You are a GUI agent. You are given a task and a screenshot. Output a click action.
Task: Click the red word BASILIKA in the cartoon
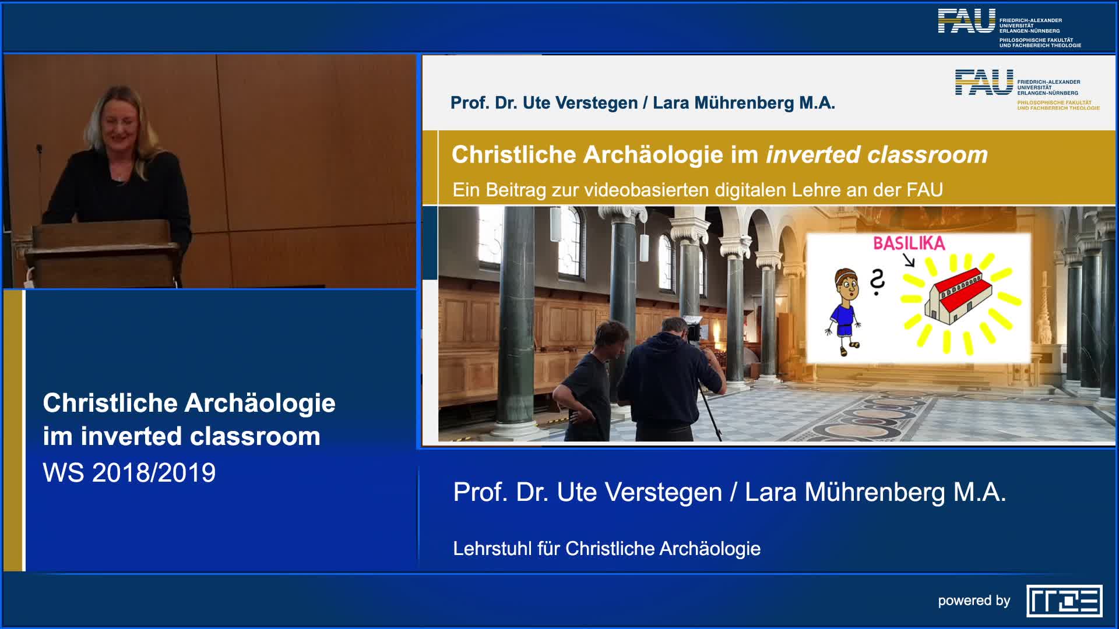(x=909, y=243)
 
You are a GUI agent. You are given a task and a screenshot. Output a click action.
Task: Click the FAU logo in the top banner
(x=966, y=22)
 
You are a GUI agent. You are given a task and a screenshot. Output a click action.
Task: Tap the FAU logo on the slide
(x=984, y=82)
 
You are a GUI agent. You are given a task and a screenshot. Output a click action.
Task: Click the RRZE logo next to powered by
(x=1064, y=600)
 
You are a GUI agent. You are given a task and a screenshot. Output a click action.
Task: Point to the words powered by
(x=973, y=600)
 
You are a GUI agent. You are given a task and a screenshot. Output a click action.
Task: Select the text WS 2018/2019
(x=129, y=472)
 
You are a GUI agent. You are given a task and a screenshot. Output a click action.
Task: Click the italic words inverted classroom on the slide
(x=877, y=155)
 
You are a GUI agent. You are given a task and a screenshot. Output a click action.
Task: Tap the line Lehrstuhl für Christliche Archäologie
(x=607, y=549)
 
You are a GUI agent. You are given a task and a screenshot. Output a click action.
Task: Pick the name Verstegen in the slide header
(x=596, y=103)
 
